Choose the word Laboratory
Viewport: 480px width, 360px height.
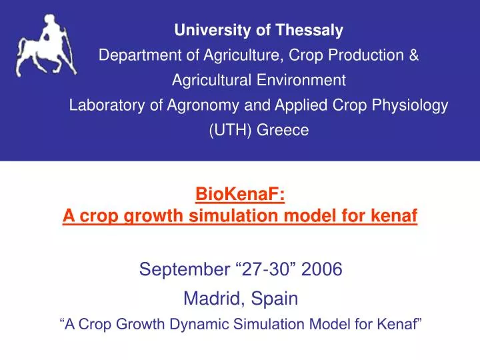pyautogui.click(x=106, y=105)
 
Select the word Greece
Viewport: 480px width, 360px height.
pyautogui.click(x=283, y=131)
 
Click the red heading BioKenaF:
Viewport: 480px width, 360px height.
pyautogui.click(x=240, y=195)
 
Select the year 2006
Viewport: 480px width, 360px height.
pyautogui.click(x=321, y=270)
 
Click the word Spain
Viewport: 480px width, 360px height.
pyautogui.click(x=275, y=299)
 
